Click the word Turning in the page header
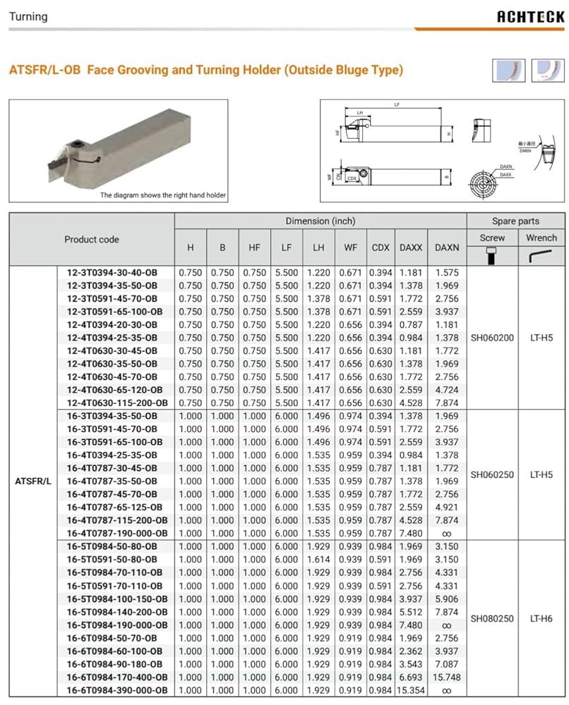(x=28, y=16)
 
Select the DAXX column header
(x=410, y=247)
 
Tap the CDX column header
(x=381, y=247)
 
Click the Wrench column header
(x=541, y=238)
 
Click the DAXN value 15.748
(x=446, y=678)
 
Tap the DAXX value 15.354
(x=410, y=690)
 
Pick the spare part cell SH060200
(x=492, y=338)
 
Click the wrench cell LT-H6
(x=541, y=618)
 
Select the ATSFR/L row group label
(x=32, y=482)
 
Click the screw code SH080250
(x=492, y=618)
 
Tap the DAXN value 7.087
(x=446, y=664)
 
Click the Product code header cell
(x=92, y=239)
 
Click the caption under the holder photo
(x=163, y=195)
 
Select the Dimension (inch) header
(x=320, y=221)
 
